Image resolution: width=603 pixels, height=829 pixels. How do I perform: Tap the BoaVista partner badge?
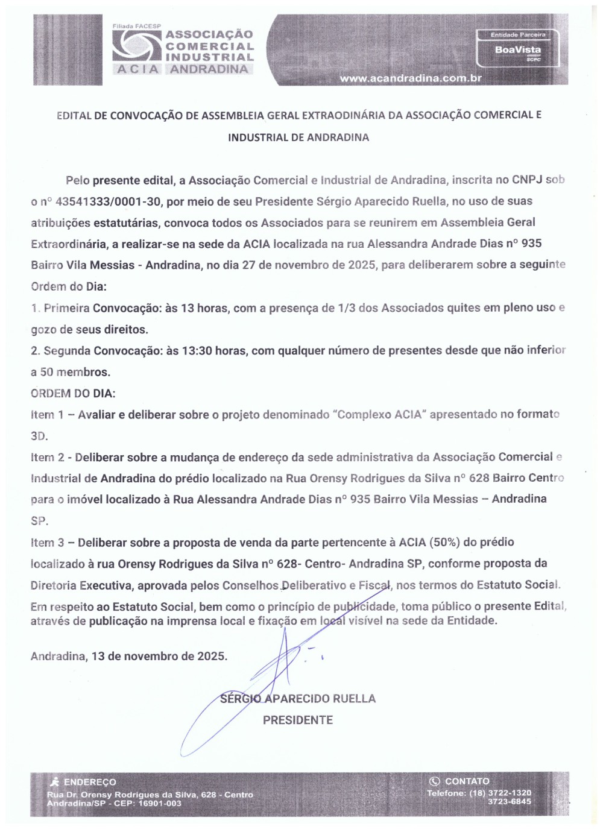[518, 49]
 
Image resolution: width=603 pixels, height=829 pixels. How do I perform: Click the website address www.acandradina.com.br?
[411, 78]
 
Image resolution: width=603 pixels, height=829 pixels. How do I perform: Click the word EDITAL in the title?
[74, 115]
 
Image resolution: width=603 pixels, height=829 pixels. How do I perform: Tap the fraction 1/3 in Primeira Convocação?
[347, 308]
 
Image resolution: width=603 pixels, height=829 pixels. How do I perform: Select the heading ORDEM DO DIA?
[73, 394]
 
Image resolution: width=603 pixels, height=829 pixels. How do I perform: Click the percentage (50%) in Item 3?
[444, 542]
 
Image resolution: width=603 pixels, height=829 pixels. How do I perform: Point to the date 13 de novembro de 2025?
[159, 656]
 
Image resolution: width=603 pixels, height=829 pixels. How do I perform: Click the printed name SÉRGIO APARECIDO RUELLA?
[298, 699]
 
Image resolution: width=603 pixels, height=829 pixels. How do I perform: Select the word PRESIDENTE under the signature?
[298, 720]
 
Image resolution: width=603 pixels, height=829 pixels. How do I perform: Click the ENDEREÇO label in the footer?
[90, 782]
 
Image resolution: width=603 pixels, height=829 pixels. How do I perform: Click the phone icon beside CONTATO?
[434, 781]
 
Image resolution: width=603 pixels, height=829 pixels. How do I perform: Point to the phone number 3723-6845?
[510, 801]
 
